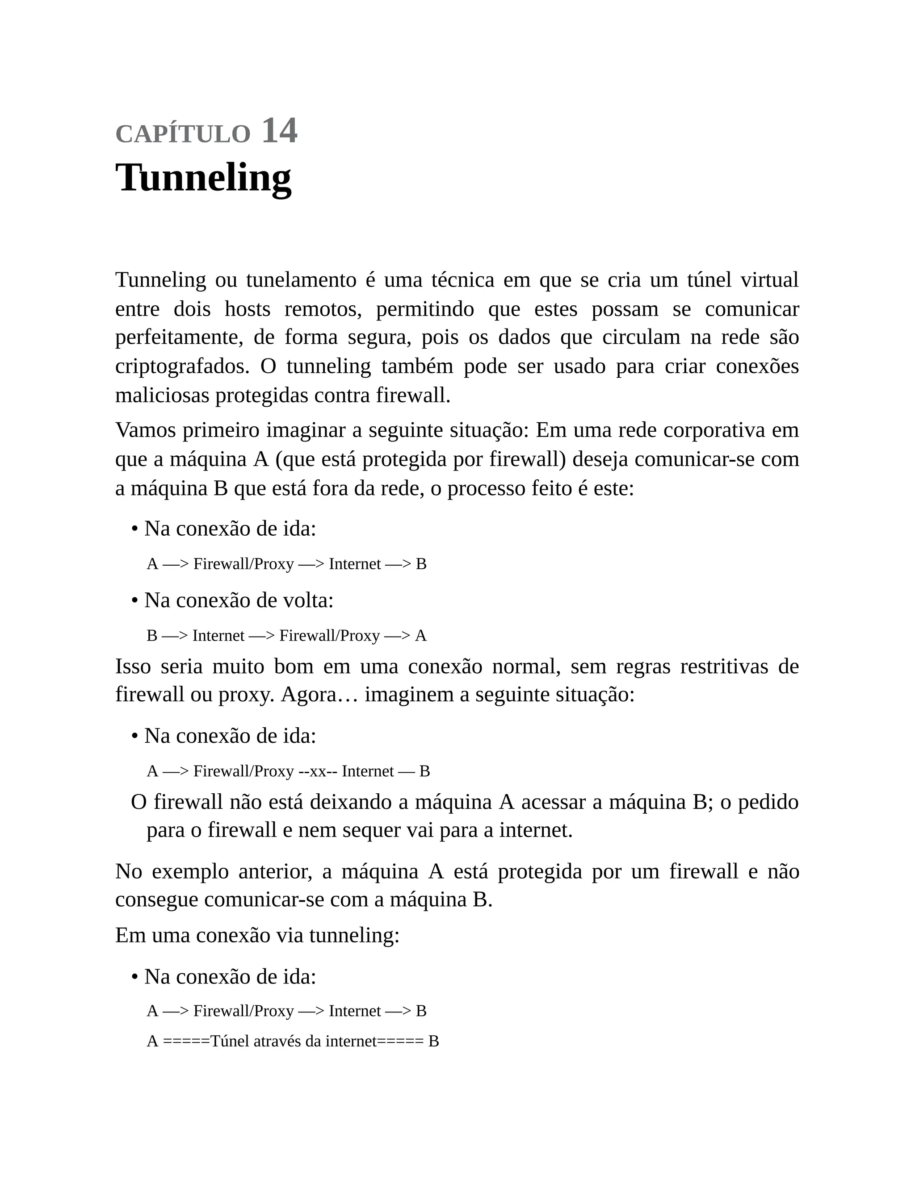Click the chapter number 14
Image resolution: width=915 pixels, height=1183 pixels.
pos(279,131)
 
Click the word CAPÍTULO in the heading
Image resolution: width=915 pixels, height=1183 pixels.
pos(183,134)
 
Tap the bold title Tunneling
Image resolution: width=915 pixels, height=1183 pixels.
pos(203,178)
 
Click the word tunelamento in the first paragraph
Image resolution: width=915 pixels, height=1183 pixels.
pos(301,280)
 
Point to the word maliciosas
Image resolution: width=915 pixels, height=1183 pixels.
pos(163,396)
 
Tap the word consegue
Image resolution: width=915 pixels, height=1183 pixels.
pos(157,900)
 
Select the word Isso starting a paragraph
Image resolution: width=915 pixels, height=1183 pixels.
pos(133,666)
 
